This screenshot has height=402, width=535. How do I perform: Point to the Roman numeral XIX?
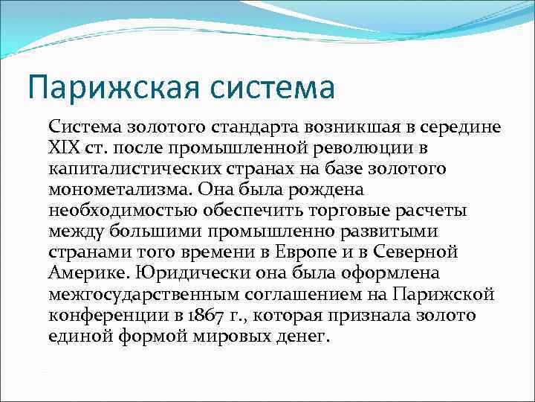tap(65, 148)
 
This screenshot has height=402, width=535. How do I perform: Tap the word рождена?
tap(305, 190)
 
